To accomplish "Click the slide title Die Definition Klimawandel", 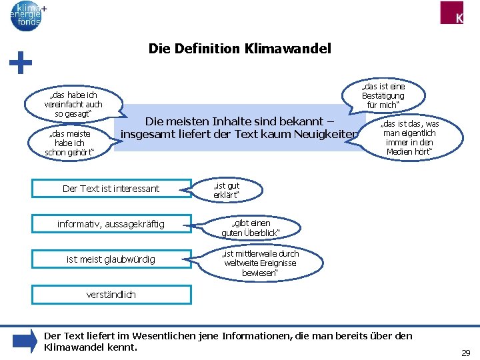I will tap(239, 49).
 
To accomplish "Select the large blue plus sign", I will tap(21, 64).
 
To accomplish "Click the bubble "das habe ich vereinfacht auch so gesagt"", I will tap(73, 104).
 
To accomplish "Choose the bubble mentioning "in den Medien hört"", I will tap(409, 138).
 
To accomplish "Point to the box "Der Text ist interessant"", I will tap(111, 189).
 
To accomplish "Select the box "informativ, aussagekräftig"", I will tap(111, 223).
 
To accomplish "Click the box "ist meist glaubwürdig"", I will tap(111, 259).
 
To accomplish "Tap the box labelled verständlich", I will tap(111, 294).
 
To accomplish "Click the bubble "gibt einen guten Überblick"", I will tap(251, 227).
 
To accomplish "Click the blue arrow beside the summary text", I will tap(25, 341).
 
